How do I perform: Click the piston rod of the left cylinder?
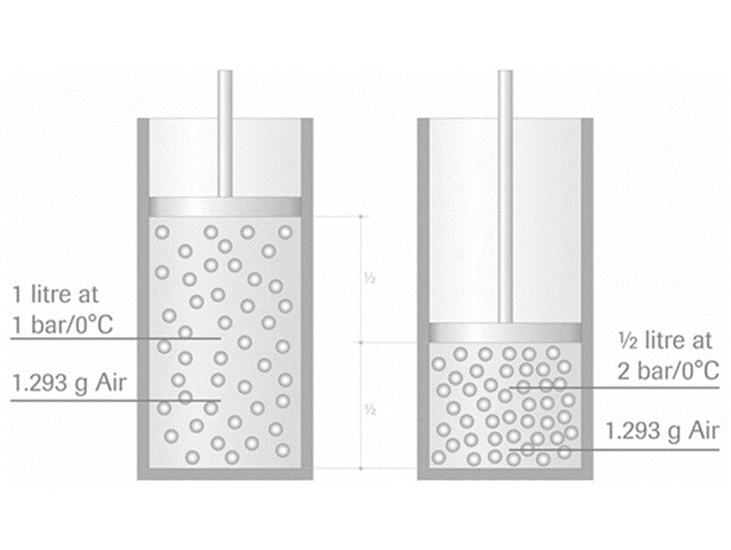(x=224, y=133)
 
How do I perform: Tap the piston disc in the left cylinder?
(x=224, y=206)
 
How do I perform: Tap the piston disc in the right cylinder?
(x=505, y=331)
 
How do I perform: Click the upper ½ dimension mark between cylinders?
(x=372, y=280)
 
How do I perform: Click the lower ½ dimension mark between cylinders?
(x=372, y=409)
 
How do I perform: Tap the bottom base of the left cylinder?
(x=224, y=472)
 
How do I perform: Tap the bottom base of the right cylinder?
(x=505, y=472)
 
